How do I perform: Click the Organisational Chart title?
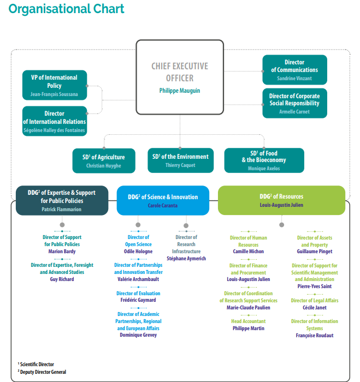click(67, 9)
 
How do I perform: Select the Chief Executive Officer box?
click(180, 76)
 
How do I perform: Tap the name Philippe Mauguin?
click(180, 91)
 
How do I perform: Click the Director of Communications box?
click(294, 70)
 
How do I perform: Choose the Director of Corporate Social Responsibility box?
click(294, 103)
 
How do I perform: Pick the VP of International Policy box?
click(54, 86)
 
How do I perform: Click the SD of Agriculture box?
click(104, 160)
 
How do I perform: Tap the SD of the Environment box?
click(180, 160)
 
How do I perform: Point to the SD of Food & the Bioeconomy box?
click(264, 160)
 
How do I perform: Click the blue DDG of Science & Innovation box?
click(163, 200)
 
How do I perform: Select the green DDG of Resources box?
click(281, 200)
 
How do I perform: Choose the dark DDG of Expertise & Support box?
click(62, 200)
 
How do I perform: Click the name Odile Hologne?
click(138, 252)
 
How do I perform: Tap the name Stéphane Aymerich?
click(186, 259)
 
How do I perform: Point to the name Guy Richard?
click(62, 279)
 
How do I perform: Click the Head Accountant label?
click(249, 321)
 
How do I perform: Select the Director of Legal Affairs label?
click(314, 301)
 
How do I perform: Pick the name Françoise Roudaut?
click(314, 336)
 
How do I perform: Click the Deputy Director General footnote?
click(43, 372)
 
